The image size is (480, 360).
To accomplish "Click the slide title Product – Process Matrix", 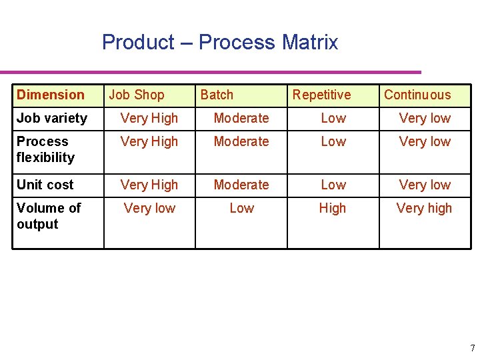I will (220, 43).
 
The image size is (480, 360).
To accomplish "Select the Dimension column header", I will (51, 95).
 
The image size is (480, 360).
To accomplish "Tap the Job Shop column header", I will (137, 95).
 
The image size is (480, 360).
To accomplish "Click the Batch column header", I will (217, 95).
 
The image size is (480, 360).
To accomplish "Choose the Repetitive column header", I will (321, 95).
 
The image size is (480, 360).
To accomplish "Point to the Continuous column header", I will (417, 95).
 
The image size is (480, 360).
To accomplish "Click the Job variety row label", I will (52, 118).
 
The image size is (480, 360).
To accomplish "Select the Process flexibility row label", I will (45, 149).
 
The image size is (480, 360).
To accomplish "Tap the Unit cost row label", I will (45, 185).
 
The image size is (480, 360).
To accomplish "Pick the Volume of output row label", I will (49, 216).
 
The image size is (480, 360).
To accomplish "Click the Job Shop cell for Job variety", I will (149, 118).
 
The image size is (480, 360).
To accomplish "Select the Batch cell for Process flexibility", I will (241, 141).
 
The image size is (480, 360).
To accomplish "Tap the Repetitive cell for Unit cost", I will (333, 185).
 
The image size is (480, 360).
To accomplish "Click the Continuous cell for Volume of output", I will (424, 208).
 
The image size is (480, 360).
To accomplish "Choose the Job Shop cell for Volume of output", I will (149, 208).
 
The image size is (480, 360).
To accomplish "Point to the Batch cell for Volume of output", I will (241, 208).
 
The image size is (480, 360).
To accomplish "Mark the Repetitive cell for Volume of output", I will (333, 208).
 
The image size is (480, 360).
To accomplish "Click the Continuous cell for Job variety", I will (425, 118).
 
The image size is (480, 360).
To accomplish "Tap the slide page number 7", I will (472, 348).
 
